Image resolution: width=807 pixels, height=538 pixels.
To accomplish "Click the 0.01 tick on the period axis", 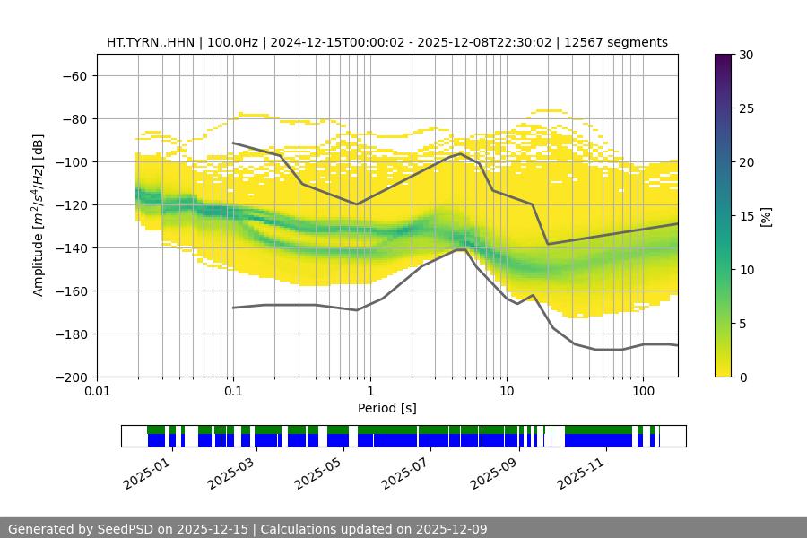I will (97, 391).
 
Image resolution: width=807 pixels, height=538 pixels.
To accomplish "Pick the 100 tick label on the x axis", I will (643, 391).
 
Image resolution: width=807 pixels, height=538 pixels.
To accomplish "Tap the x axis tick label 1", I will (369, 391).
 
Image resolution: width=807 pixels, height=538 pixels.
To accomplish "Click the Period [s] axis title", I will (386, 408).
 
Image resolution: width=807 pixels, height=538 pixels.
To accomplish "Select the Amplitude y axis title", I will (39, 215).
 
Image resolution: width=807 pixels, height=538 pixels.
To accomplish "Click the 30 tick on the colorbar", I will (745, 55).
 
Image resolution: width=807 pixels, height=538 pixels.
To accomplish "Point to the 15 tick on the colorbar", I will (745, 215).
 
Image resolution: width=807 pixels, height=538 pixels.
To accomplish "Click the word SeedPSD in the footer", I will (123, 529).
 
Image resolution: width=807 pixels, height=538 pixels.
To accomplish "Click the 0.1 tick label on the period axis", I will (233, 391).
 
